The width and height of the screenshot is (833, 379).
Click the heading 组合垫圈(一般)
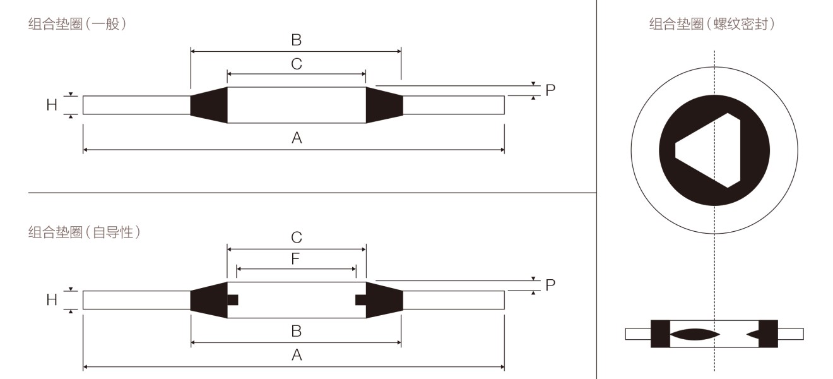(x=78, y=24)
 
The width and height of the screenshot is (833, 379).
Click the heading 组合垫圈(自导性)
(x=85, y=232)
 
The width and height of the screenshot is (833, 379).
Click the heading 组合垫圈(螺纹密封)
(x=712, y=24)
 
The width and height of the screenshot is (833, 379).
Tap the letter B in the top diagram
(x=297, y=40)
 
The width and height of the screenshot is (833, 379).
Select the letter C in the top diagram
(x=297, y=64)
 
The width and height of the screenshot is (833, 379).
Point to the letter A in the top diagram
(x=297, y=138)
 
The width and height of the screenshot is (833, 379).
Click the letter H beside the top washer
(x=52, y=105)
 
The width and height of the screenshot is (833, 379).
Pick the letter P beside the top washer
(x=550, y=90)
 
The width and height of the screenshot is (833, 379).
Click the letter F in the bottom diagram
(x=295, y=259)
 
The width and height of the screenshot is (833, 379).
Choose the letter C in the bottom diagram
(x=297, y=237)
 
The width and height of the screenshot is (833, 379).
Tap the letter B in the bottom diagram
(x=297, y=331)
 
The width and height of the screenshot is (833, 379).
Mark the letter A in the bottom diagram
(x=297, y=355)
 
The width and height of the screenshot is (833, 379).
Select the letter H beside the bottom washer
(x=52, y=299)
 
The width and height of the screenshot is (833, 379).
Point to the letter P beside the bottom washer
(x=550, y=285)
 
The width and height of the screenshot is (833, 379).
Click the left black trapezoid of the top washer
(x=209, y=105)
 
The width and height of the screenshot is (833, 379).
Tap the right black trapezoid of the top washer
(x=384, y=105)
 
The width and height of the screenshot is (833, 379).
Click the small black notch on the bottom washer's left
(x=233, y=299)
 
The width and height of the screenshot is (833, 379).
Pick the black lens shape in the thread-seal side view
(x=695, y=334)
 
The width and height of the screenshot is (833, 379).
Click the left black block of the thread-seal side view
(x=661, y=334)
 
